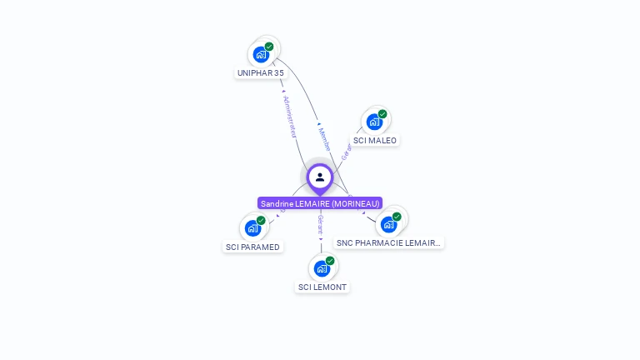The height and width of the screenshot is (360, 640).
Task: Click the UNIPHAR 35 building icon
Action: coord(261,55)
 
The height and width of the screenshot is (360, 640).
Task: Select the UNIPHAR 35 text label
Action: coord(261,73)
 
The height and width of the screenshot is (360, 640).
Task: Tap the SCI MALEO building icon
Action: coord(374,122)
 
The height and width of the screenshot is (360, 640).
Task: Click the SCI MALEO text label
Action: coord(375,140)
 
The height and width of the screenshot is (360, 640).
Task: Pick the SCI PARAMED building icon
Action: coord(252,228)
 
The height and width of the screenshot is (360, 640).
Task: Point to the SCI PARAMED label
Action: coord(253,247)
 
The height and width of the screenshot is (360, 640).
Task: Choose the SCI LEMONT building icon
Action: coord(322,268)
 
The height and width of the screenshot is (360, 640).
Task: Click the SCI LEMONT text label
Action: coord(322,287)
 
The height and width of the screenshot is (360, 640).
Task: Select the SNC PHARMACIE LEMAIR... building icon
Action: coord(388,224)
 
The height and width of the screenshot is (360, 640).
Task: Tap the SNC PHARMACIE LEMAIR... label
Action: coord(388,242)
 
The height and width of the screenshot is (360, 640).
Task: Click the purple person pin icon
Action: coord(320,177)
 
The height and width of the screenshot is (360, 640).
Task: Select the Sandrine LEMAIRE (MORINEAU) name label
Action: coord(320,203)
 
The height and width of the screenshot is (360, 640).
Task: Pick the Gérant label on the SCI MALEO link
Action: coord(346,152)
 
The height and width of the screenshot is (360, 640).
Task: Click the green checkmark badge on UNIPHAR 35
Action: coord(269,47)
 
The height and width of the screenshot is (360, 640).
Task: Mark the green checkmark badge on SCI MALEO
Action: coord(382,114)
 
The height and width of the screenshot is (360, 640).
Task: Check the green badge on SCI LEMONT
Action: coord(330,261)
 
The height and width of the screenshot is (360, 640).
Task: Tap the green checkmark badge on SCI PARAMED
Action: coord(261,220)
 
